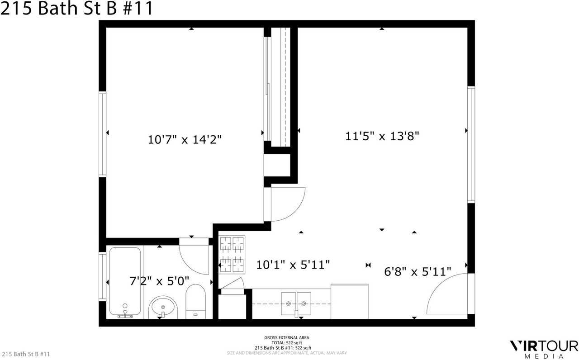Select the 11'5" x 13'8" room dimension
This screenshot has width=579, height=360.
coord(383,136)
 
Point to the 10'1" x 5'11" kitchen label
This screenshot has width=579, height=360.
coord(293,264)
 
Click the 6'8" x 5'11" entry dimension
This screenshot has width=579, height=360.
coord(417,271)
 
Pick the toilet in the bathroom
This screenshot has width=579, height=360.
coord(196,301)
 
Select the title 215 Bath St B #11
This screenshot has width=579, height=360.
coord(77,9)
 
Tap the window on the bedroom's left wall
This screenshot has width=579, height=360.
coord(103,134)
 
